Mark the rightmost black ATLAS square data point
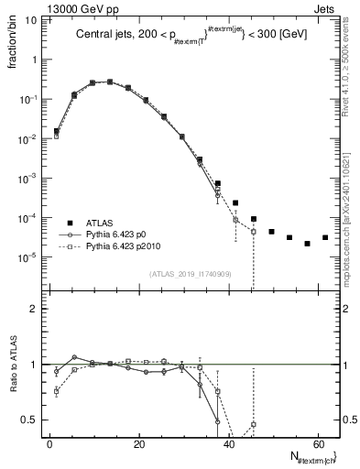[x=325, y=238]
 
